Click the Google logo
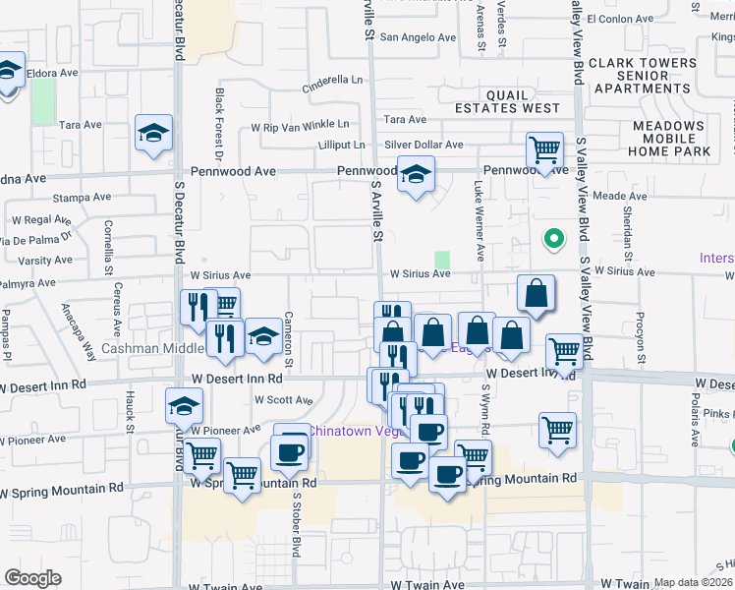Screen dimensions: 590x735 click(x=33, y=578)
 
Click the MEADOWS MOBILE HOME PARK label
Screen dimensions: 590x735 click(x=671, y=139)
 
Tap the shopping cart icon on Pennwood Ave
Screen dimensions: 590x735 click(x=544, y=150)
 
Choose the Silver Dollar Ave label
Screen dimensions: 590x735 click(x=423, y=145)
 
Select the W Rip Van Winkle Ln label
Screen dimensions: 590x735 click(x=300, y=125)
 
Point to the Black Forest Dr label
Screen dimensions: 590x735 click(x=219, y=123)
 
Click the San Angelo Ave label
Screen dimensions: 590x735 click(x=418, y=37)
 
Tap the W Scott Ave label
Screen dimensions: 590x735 click(x=283, y=400)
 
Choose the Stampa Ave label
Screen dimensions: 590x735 click(x=79, y=198)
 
